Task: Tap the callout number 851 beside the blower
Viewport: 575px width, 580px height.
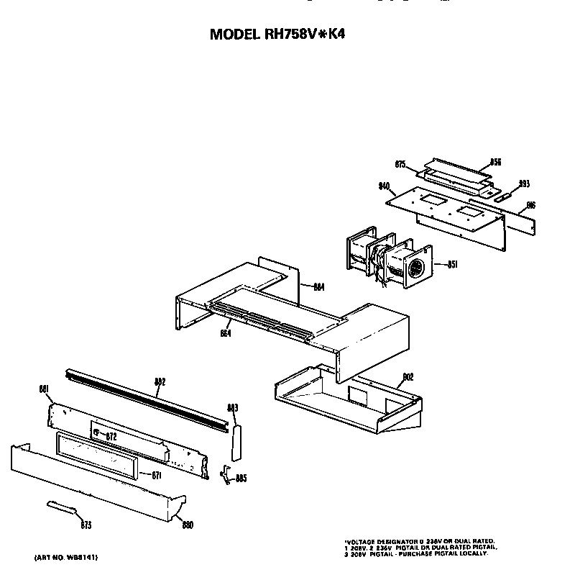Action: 453,264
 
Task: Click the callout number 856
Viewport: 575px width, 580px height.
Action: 495,162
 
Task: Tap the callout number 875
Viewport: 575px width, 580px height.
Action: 401,163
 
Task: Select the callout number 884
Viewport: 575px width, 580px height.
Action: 318,287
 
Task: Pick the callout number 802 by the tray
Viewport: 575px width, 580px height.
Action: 408,376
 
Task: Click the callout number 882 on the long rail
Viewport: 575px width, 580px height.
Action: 160,382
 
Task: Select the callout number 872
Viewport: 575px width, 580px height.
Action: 111,436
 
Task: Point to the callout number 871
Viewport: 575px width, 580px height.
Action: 157,474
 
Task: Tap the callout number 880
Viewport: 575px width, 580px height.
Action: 188,525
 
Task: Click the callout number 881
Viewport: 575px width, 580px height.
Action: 43,389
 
